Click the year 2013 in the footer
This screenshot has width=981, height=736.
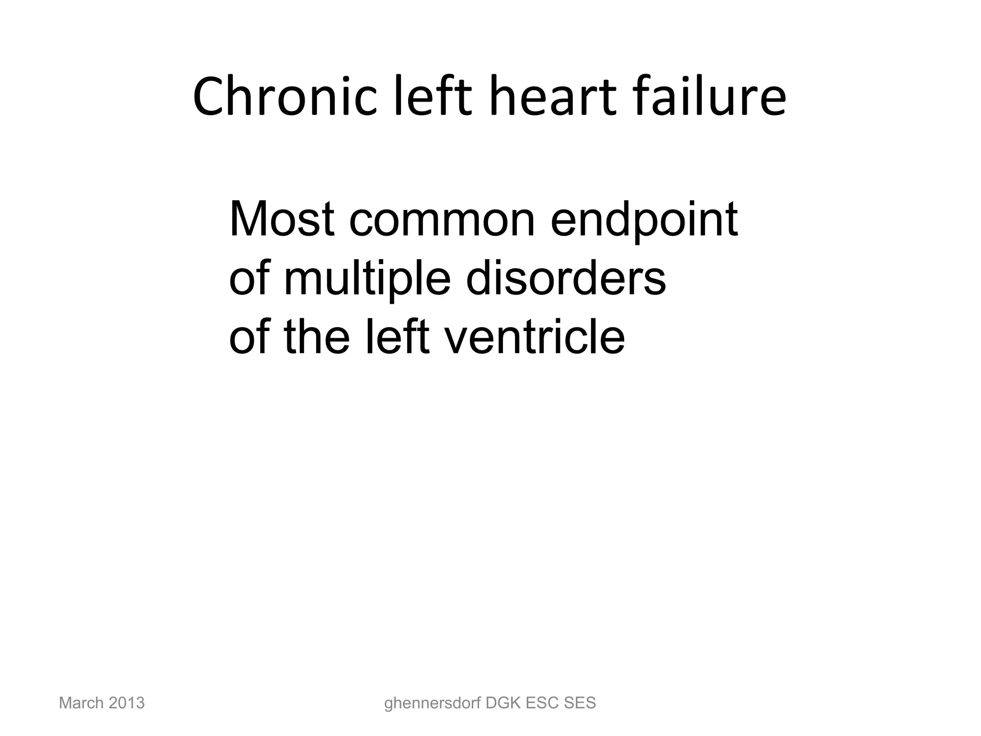tap(126, 703)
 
